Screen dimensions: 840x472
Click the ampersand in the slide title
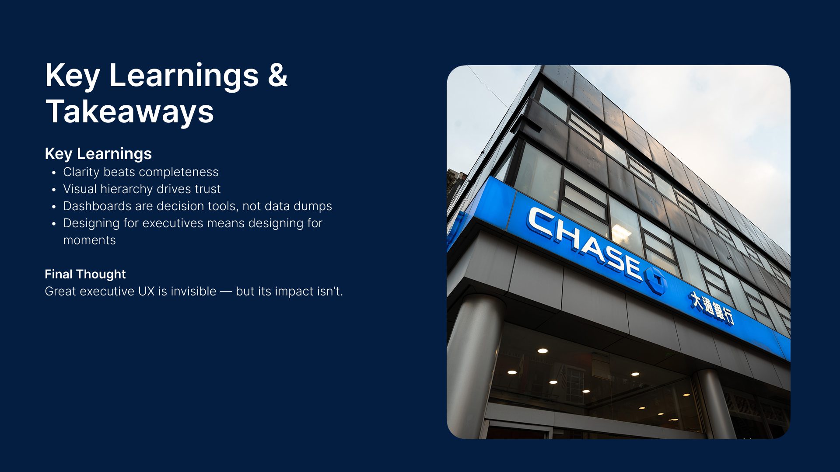[x=277, y=75]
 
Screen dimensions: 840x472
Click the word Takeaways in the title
[x=129, y=111]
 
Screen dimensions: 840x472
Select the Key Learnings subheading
[x=98, y=154]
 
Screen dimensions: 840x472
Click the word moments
[x=89, y=240]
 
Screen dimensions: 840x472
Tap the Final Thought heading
[x=85, y=274]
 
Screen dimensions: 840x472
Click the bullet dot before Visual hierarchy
[x=54, y=190]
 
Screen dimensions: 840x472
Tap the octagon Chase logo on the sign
[x=655, y=280]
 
